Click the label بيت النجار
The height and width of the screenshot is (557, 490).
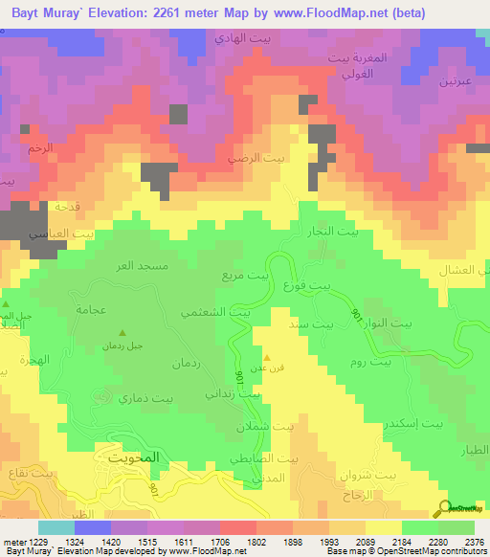[x=342, y=233]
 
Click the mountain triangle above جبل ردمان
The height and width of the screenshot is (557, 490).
[x=121, y=332]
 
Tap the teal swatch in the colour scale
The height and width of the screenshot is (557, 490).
[x=56, y=527]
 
